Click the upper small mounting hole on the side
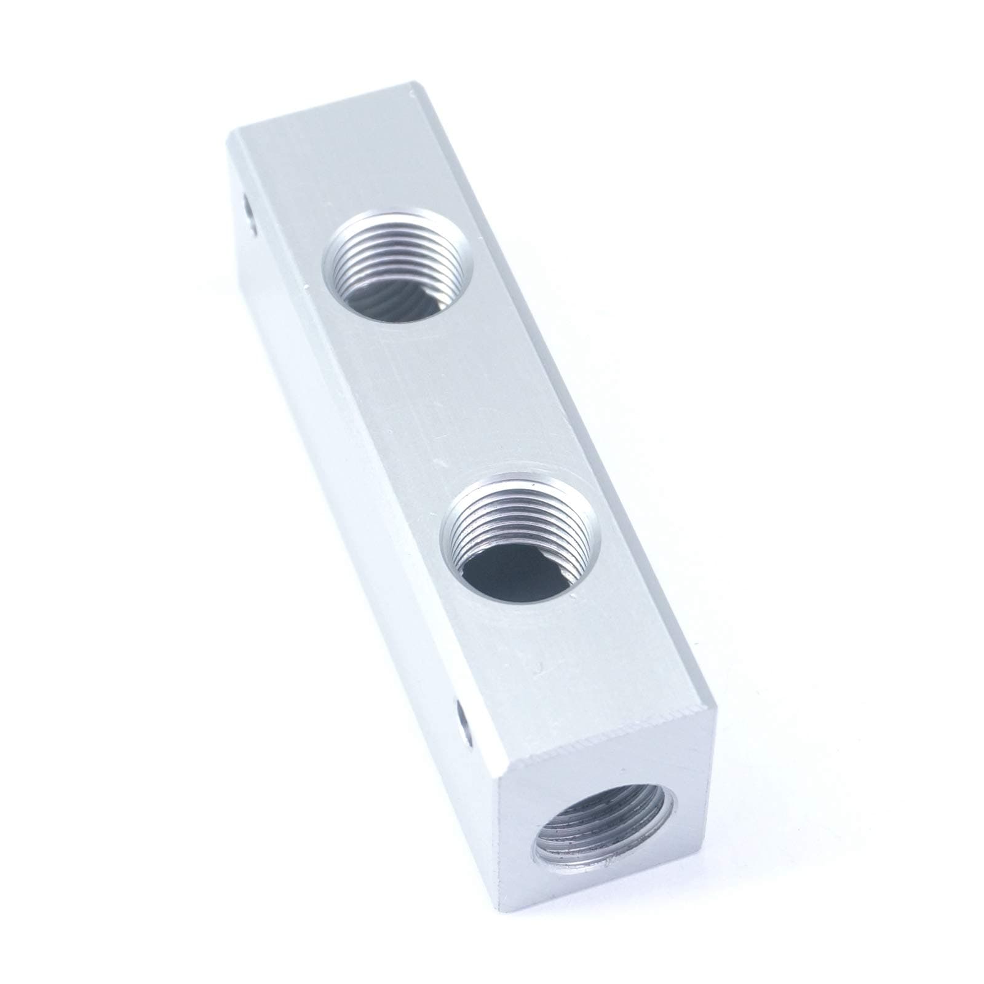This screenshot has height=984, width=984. pos(247,218)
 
